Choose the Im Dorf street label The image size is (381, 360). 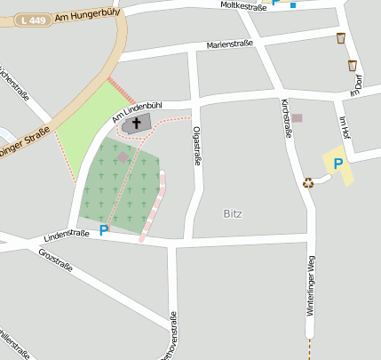(x=357, y=84)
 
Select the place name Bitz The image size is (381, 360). (x=232, y=213)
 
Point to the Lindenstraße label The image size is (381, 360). (x=66, y=236)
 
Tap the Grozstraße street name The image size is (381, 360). (x=55, y=260)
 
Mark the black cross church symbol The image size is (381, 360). (x=137, y=123)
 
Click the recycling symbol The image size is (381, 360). (x=308, y=183)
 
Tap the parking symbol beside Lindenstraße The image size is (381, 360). (x=104, y=230)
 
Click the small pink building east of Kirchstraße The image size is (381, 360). (x=298, y=117)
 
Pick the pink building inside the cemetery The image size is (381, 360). (x=123, y=156)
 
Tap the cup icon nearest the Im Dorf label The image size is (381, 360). (x=353, y=65)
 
